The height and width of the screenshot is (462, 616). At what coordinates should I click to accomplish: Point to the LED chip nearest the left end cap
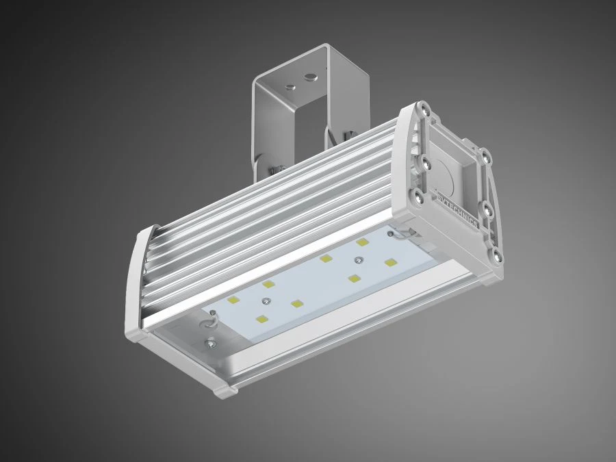click(233, 300)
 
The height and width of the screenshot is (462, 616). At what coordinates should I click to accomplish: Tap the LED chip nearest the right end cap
click(390, 262)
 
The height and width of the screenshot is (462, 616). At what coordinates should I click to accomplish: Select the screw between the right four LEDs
click(358, 260)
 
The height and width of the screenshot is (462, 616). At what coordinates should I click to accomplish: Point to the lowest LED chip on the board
click(261, 319)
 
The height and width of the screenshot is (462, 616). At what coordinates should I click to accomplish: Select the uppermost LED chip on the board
click(361, 242)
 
